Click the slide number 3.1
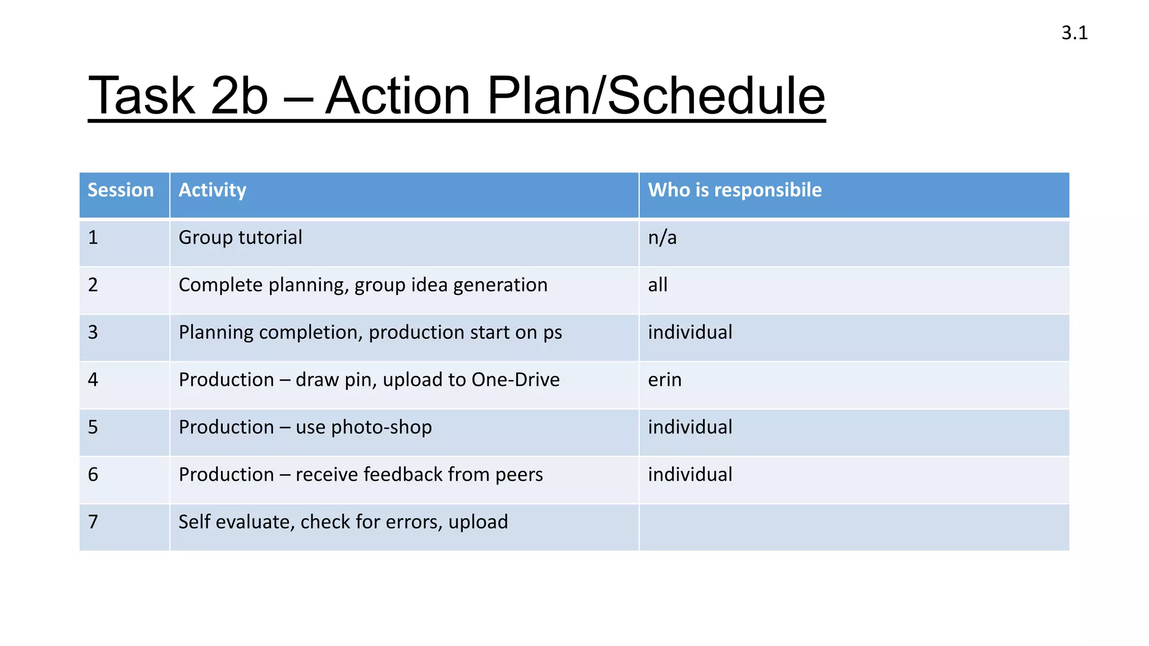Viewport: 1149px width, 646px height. pyautogui.click(x=1074, y=33)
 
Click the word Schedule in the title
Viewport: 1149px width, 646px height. pyautogui.click(x=716, y=96)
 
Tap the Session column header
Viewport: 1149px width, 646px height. pyautogui.click(x=121, y=190)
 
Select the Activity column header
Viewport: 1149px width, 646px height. pyautogui.click(x=212, y=190)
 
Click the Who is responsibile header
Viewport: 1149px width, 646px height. pyautogui.click(x=734, y=190)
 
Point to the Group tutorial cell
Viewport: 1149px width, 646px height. pyautogui.click(x=240, y=238)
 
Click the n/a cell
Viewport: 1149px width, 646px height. pyautogui.click(x=662, y=238)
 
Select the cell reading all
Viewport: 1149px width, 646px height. pyautogui.click(x=658, y=285)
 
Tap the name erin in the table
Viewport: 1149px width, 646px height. pyautogui.click(x=664, y=380)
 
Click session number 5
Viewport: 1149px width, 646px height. pyautogui.click(x=93, y=427)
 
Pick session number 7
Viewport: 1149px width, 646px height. pyautogui.click(x=93, y=522)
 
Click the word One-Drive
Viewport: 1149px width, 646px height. pyautogui.click(x=515, y=380)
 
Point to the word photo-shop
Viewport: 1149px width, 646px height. pyautogui.click(x=382, y=428)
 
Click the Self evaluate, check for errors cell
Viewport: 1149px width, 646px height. pyautogui.click(x=343, y=522)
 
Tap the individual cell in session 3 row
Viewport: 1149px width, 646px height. pyautogui.click(x=690, y=333)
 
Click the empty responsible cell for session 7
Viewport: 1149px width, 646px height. pyautogui.click(x=853, y=527)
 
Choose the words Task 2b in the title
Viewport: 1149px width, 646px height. pyautogui.click(x=178, y=96)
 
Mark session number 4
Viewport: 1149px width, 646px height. pyautogui.click(x=93, y=380)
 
